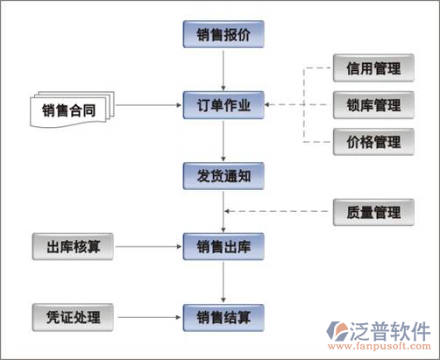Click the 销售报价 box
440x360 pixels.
click(223, 35)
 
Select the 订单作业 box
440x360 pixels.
click(223, 106)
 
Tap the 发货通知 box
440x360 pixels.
click(223, 176)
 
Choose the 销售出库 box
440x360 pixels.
click(223, 247)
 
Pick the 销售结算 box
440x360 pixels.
click(223, 316)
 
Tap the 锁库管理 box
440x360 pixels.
click(367, 106)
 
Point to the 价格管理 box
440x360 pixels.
click(367, 141)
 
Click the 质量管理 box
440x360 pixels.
click(367, 211)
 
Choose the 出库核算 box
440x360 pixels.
click(73, 247)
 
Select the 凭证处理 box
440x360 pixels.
click(73, 316)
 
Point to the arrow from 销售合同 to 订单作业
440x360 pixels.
click(149, 107)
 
